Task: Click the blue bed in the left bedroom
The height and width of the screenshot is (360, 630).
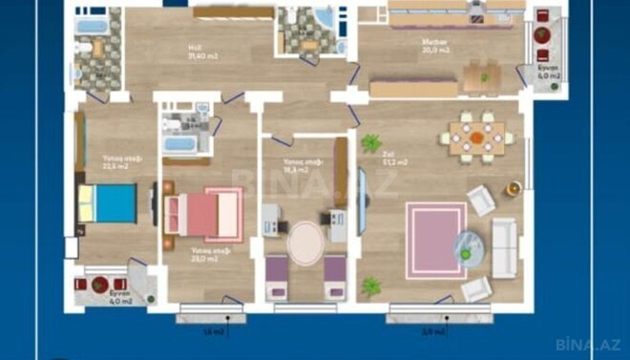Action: point(107,202)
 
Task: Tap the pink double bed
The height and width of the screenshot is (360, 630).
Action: point(203,211)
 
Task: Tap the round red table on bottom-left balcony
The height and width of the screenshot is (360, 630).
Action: point(100,284)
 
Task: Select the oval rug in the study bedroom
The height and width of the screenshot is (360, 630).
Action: point(305,243)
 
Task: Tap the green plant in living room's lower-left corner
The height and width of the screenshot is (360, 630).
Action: point(370,285)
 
